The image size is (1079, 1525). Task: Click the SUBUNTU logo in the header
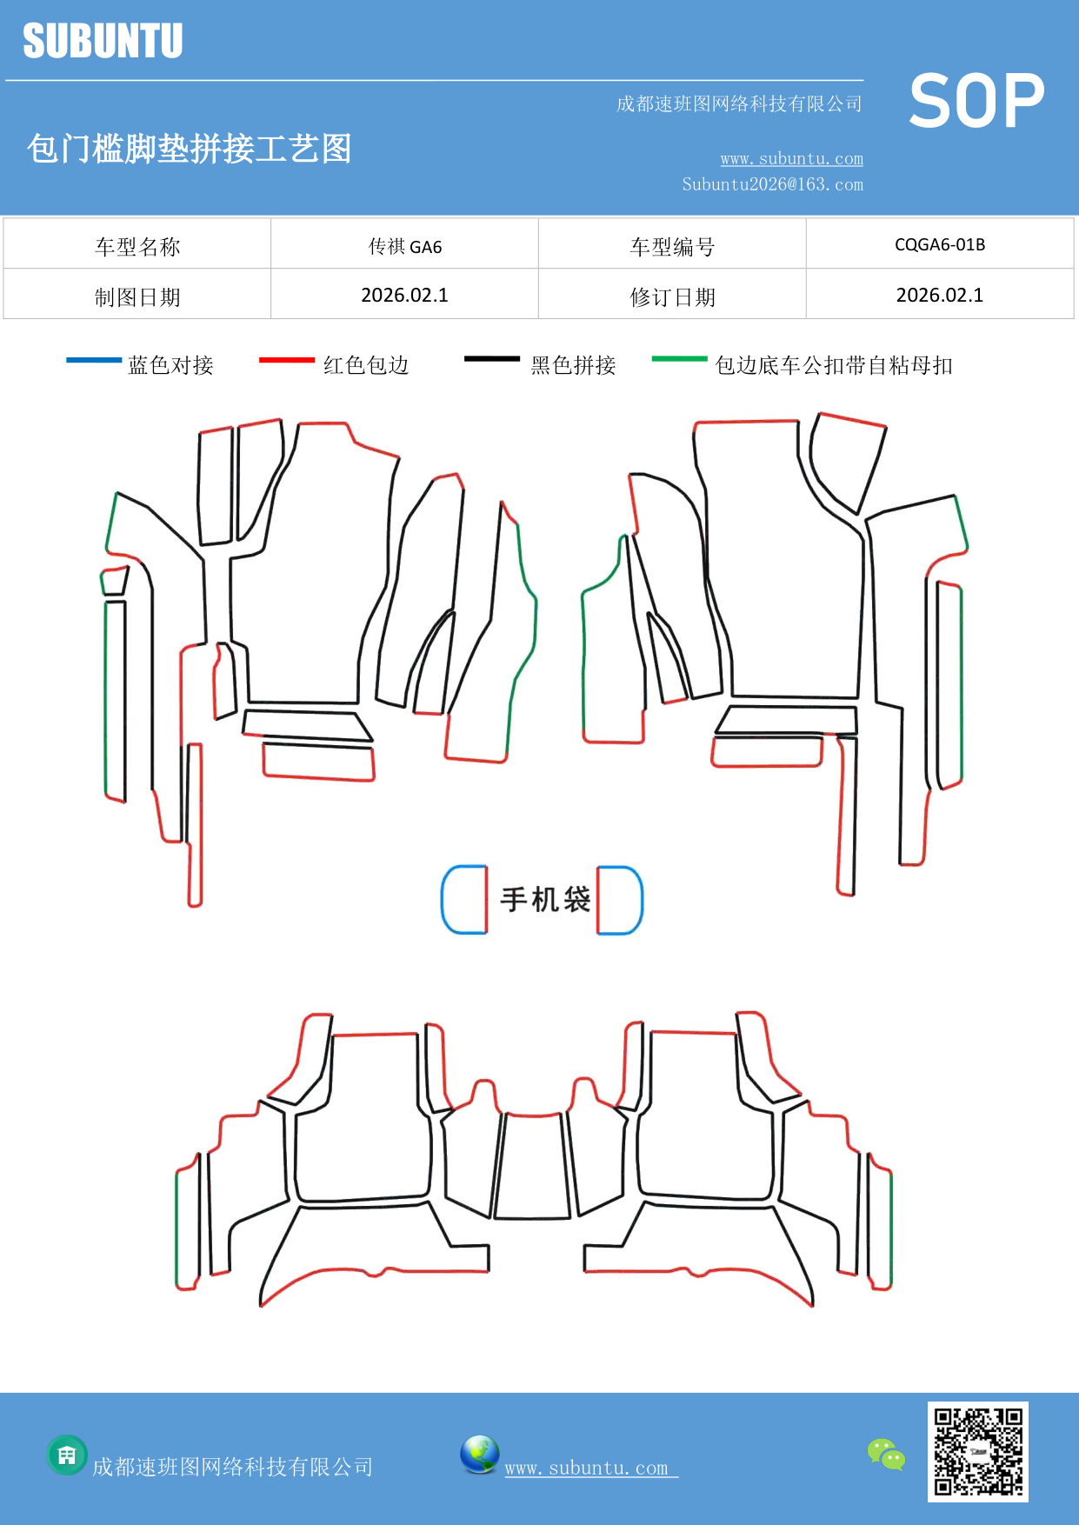click(x=103, y=41)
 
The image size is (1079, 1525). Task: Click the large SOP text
click(x=976, y=101)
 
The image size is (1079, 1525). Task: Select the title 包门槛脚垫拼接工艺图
click(x=189, y=149)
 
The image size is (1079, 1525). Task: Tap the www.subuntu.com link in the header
click(x=791, y=159)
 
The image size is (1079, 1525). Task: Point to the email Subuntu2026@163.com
click(x=772, y=184)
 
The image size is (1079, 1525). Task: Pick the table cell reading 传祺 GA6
click(x=405, y=247)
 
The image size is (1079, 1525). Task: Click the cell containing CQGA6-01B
click(x=940, y=244)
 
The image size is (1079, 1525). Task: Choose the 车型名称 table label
click(x=137, y=247)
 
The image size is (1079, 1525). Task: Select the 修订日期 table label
click(x=672, y=297)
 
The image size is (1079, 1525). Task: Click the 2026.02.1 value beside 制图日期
click(x=405, y=296)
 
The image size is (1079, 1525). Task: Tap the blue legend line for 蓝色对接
click(x=94, y=359)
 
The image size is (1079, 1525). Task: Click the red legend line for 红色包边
click(x=287, y=359)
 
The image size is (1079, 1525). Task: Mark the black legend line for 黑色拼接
click(x=492, y=358)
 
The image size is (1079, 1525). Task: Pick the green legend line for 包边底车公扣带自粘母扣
click(x=680, y=358)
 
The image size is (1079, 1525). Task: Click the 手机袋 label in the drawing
click(x=545, y=899)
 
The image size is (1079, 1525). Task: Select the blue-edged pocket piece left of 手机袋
click(x=464, y=900)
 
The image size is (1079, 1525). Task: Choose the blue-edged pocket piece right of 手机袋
click(x=619, y=900)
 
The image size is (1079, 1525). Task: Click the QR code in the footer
click(x=977, y=1451)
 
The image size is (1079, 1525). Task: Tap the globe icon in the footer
click(x=479, y=1455)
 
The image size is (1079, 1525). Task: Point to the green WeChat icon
click(x=886, y=1454)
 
